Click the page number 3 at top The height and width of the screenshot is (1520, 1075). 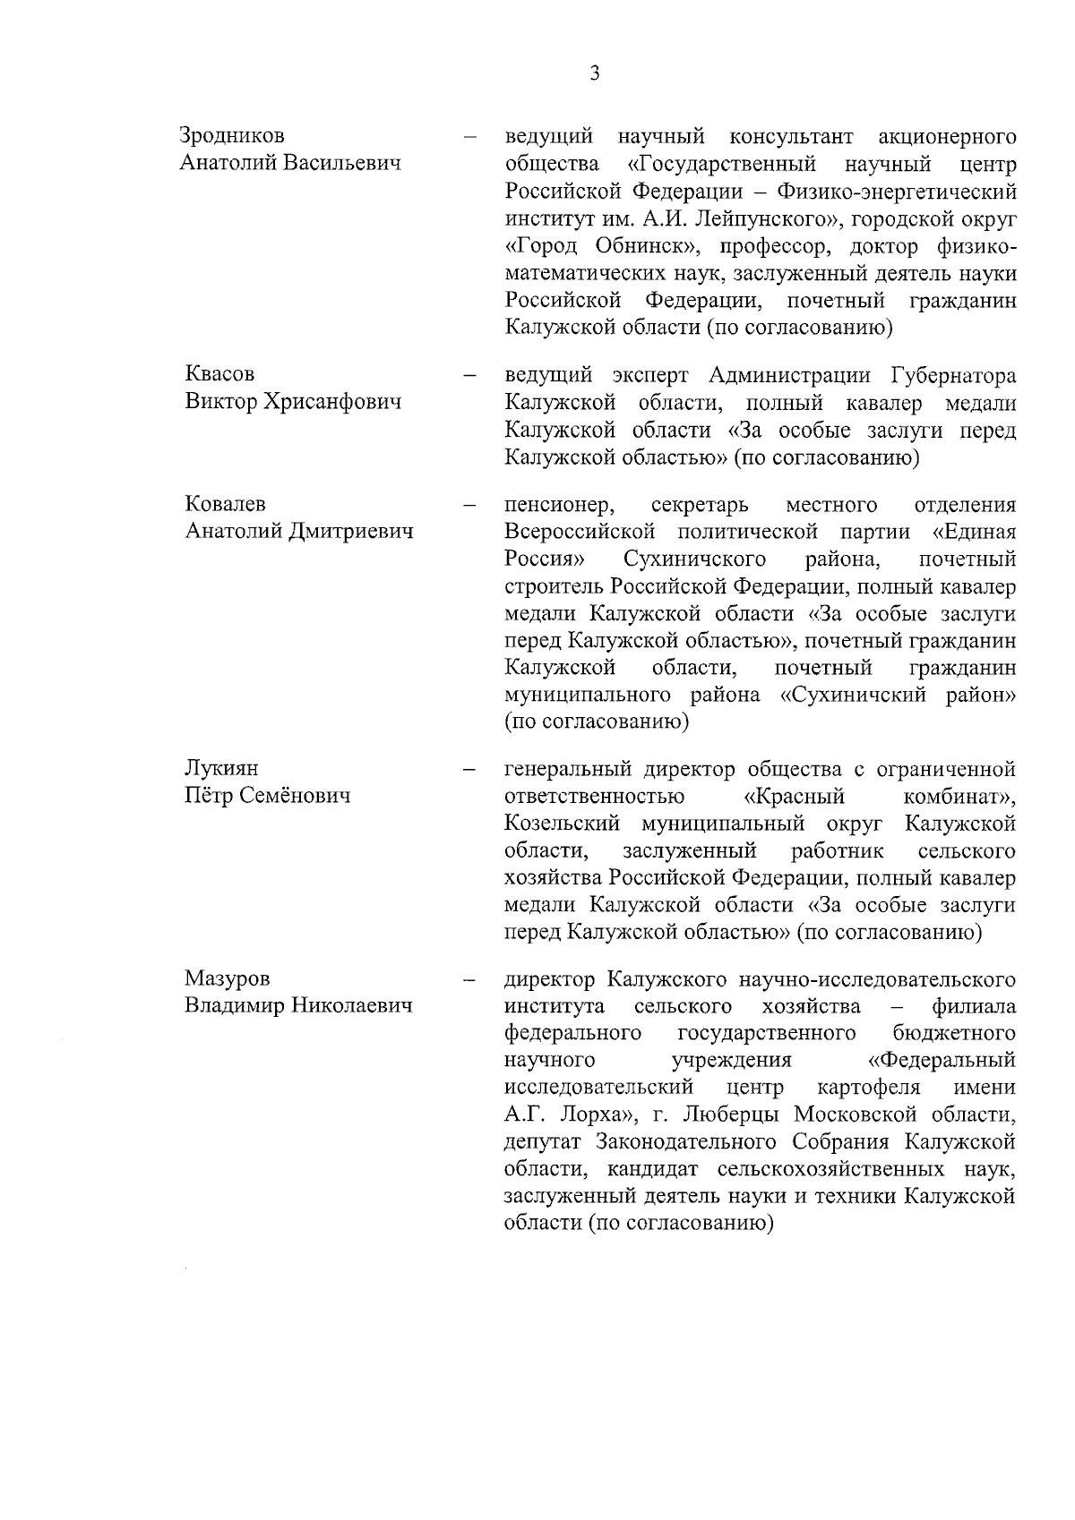[x=595, y=73]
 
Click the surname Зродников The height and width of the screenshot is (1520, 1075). [x=232, y=136]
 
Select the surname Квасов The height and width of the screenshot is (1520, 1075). [x=219, y=374]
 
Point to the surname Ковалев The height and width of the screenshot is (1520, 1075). [x=225, y=504]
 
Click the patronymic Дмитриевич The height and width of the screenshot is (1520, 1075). [x=351, y=531]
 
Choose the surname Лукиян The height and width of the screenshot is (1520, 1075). [x=221, y=769]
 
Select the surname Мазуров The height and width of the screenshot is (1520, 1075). [x=227, y=978]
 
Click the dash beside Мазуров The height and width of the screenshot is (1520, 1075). [x=468, y=980]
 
